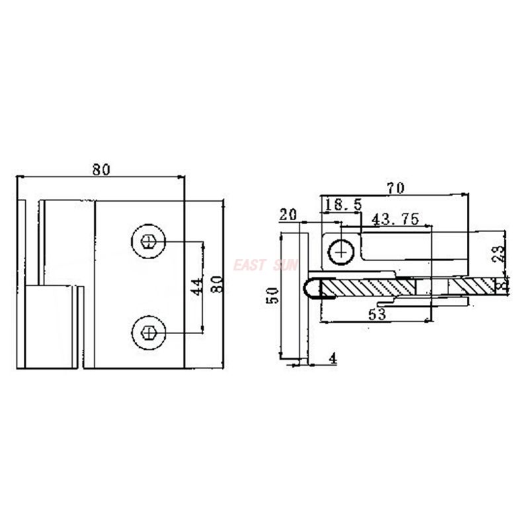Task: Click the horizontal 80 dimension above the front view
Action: click(x=101, y=169)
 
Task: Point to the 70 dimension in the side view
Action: click(x=395, y=188)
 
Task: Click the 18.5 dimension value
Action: click(x=343, y=206)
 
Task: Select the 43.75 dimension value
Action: click(x=395, y=219)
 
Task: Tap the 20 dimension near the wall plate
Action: click(x=288, y=215)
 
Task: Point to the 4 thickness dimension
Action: click(x=333, y=358)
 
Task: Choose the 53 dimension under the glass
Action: click(x=377, y=315)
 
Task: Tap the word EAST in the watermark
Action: click(x=249, y=266)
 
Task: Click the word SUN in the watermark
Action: click(x=285, y=266)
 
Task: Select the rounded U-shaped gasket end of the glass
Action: click(x=311, y=288)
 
